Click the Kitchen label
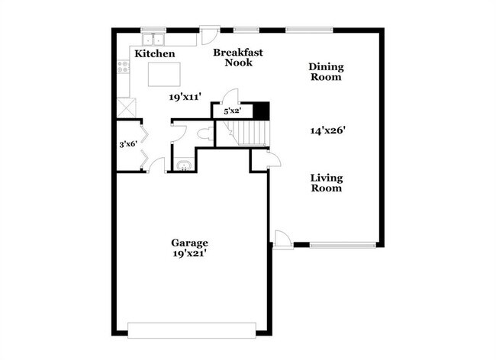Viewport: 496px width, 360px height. (155, 54)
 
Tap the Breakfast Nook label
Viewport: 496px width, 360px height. (238, 57)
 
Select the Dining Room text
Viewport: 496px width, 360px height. (325, 72)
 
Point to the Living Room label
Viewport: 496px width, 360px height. (326, 183)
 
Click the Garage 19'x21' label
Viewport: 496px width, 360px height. (189, 248)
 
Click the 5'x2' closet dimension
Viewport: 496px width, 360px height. (232, 111)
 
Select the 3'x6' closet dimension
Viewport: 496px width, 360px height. (127, 143)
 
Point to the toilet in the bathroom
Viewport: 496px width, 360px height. (204, 134)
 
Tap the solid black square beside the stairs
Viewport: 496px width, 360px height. (262, 111)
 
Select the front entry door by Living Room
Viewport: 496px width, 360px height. (282, 239)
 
